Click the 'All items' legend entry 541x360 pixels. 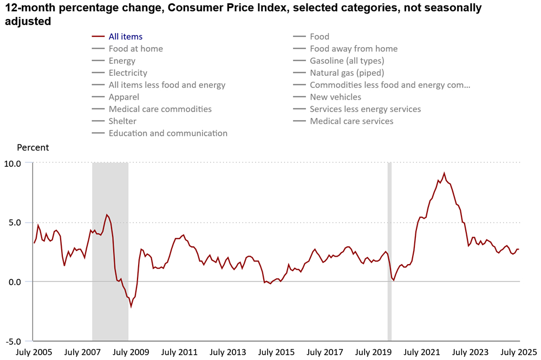(125, 37)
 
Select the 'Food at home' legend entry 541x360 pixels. (135, 49)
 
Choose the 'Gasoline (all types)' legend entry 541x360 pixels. (347, 61)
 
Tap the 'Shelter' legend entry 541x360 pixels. (122, 121)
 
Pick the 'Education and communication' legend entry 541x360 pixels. (168, 133)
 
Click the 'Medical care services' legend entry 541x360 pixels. (351, 121)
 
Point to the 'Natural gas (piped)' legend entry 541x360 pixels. (347, 73)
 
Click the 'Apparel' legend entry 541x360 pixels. (124, 97)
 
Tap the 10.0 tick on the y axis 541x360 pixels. (12, 163)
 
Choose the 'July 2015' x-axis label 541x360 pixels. (276, 352)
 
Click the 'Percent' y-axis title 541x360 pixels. (32, 147)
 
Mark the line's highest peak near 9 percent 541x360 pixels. (444, 174)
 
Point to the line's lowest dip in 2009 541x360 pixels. (131, 306)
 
